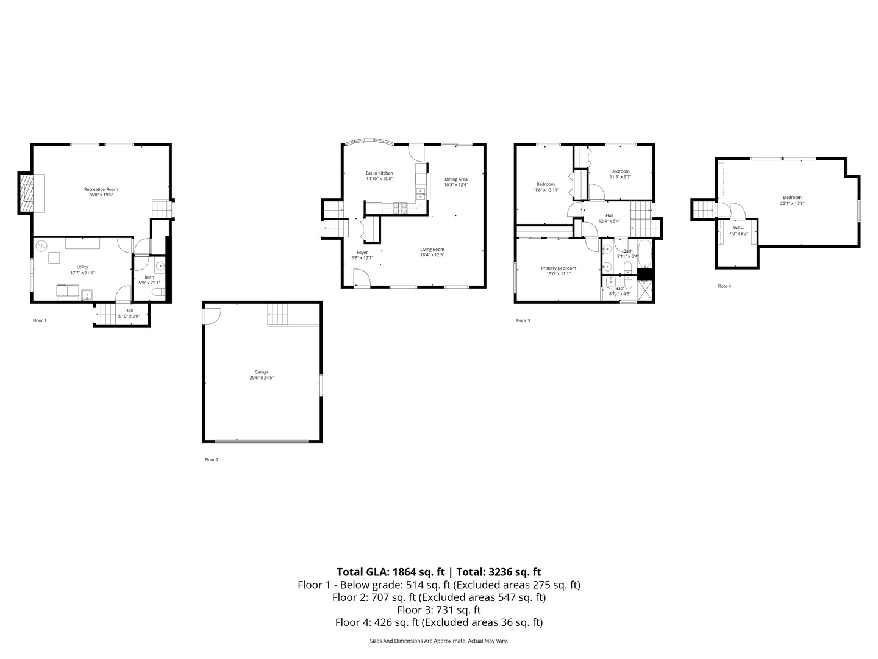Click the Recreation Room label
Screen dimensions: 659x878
101,189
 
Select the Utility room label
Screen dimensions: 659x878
82,267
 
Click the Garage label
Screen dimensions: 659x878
262,372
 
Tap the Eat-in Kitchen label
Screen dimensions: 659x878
379,173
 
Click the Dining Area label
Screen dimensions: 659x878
455,179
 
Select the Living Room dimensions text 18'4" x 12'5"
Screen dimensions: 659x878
432,255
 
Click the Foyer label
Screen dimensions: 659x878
362,252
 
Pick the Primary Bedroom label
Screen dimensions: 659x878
558,268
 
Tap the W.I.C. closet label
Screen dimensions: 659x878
738,228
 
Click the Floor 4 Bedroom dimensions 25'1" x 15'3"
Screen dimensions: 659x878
792,204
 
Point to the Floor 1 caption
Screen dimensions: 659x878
40,320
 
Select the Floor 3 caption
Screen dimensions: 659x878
523,320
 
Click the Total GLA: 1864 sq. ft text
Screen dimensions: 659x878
391,572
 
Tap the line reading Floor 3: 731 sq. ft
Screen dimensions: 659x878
438,610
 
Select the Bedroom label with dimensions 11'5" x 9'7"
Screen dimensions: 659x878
620,171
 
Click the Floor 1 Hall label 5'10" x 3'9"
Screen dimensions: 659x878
129,311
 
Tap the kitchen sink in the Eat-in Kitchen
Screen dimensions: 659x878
421,193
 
